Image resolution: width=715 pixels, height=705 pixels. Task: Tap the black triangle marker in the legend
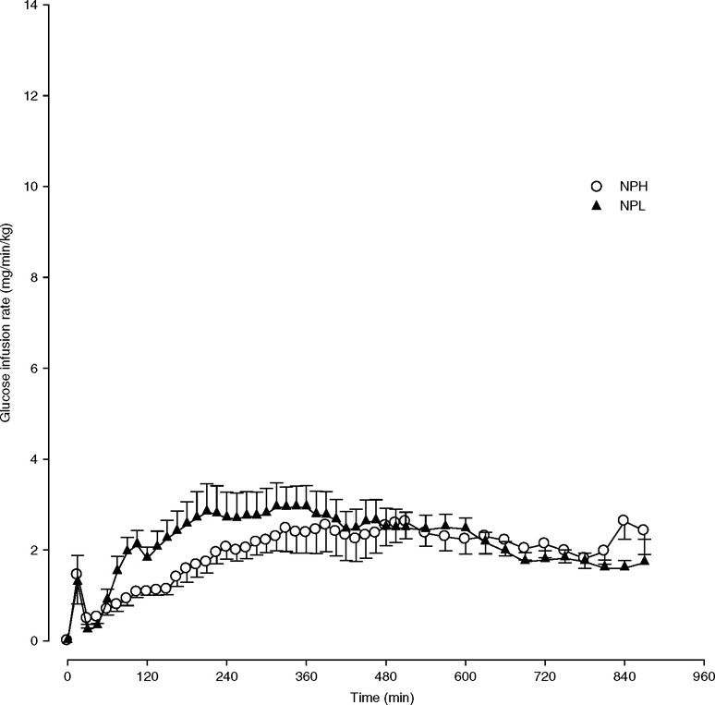597,205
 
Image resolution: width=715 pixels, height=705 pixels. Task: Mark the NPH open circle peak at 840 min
624,520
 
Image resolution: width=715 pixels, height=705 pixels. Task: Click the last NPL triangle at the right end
644,560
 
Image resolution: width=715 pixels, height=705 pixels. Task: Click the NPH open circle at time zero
67,639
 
